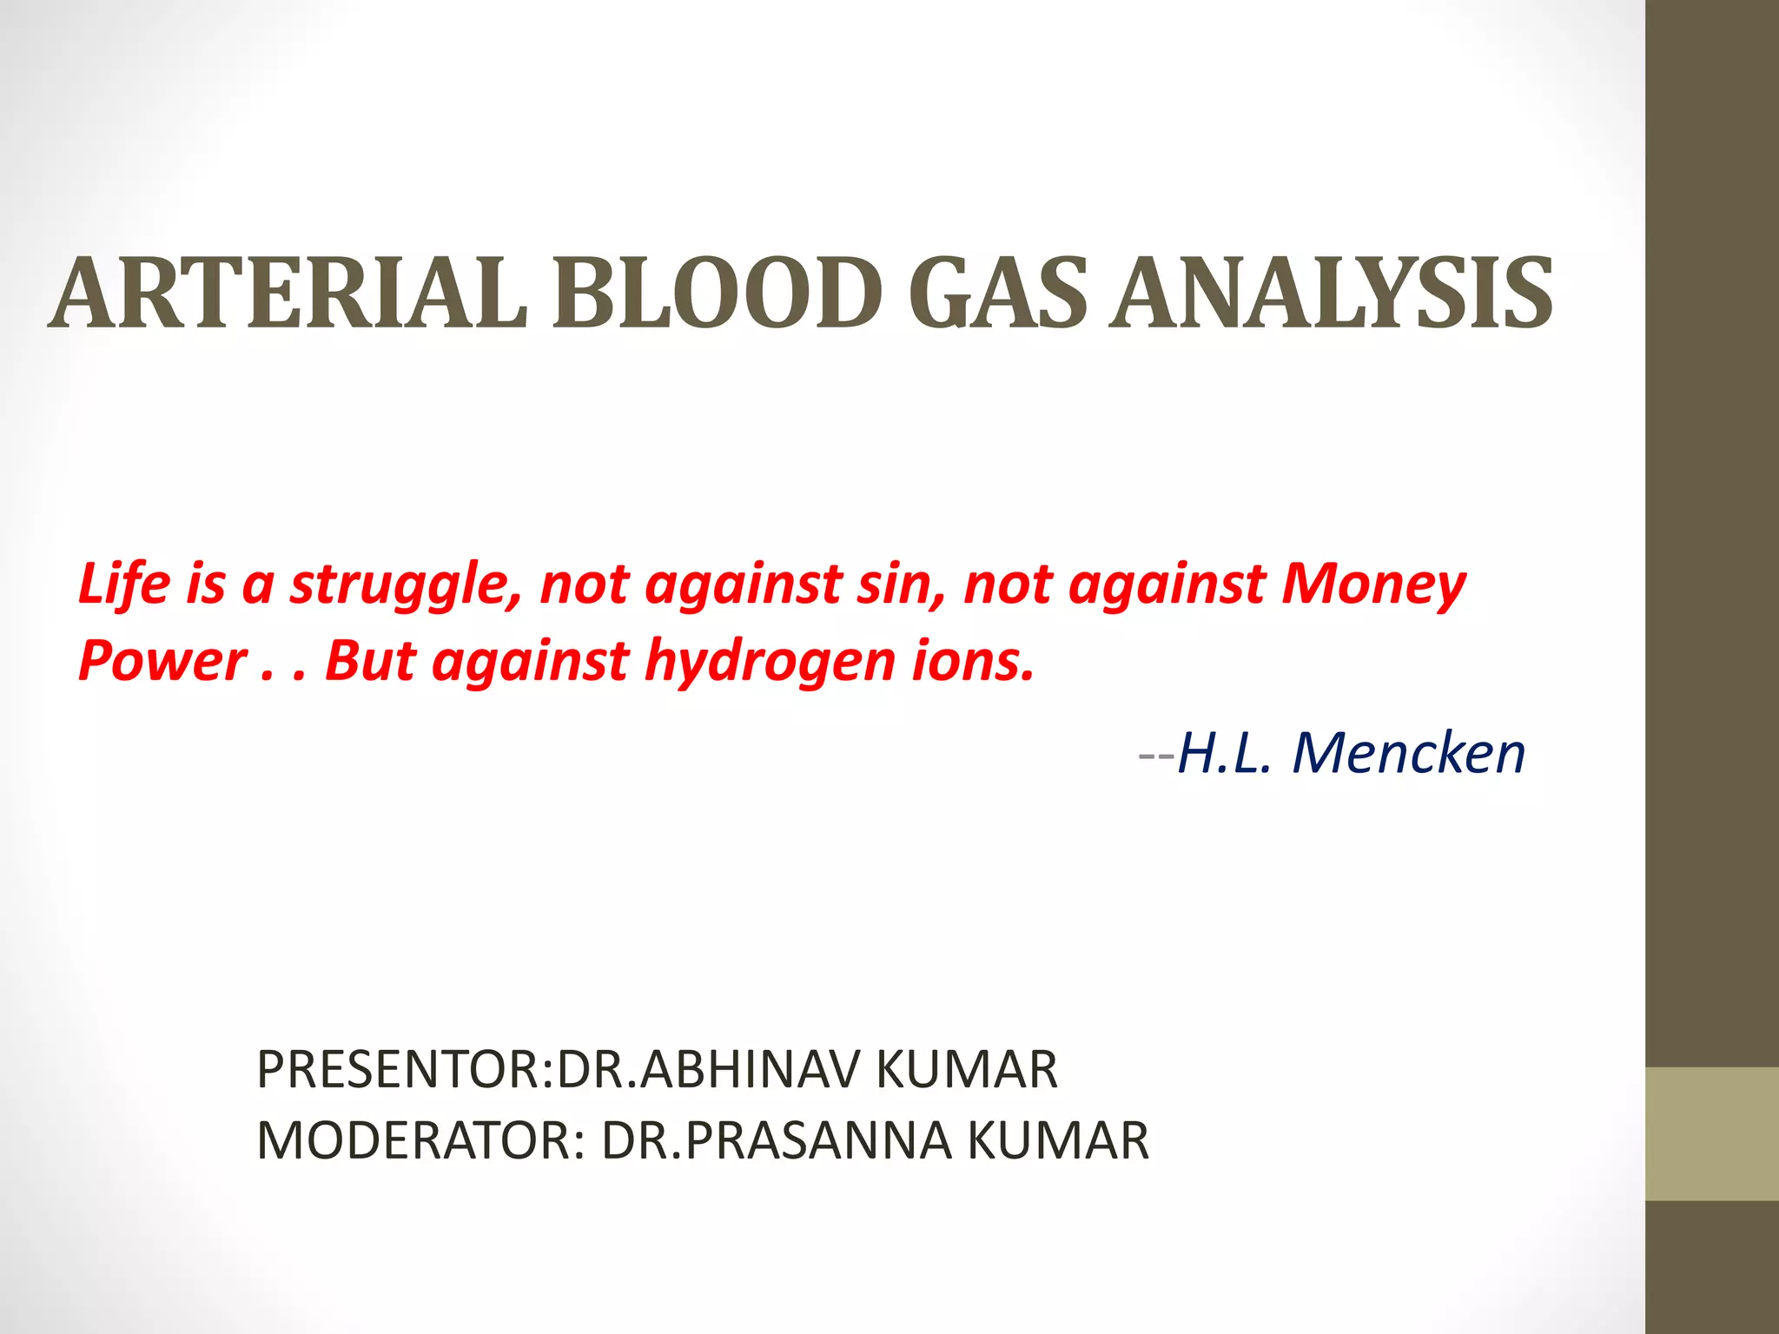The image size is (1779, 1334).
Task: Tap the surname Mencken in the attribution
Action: [x=1408, y=753]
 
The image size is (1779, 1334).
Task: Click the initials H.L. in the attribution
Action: [x=1225, y=753]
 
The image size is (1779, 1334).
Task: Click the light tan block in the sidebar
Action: [x=1712, y=1134]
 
